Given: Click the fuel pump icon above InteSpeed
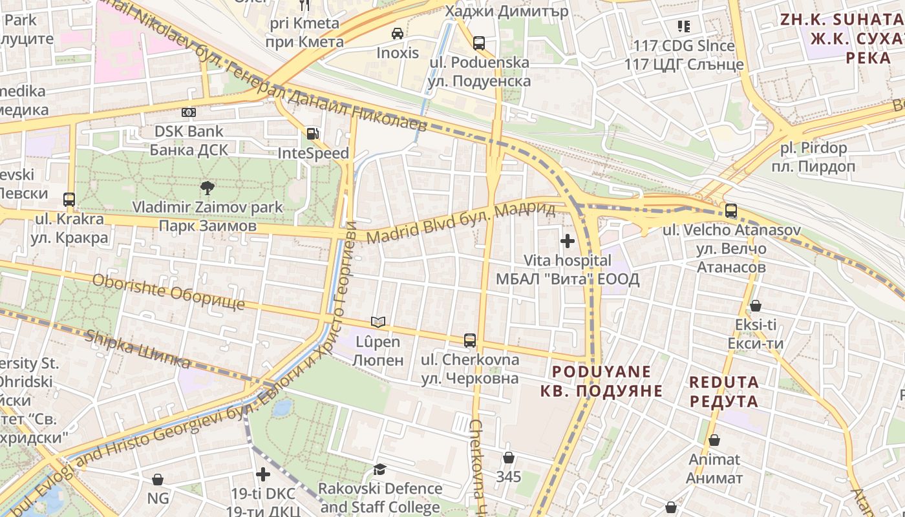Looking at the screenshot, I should pyautogui.click(x=312, y=134).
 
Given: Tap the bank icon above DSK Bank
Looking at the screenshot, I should pyautogui.click(x=188, y=112).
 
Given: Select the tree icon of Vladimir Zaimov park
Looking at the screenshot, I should pyautogui.click(x=207, y=188).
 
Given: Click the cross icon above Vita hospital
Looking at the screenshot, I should pyautogui.click(x=568, y=241).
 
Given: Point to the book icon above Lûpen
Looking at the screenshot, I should pyautogui.click(x=378, y=322).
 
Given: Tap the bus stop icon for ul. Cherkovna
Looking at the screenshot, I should pyautogui.click(x=470, y=340).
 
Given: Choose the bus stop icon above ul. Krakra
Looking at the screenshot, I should pyautogui.click(x=69, y=200).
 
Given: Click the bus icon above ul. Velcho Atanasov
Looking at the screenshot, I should pyautogui.click(x=731, y=211).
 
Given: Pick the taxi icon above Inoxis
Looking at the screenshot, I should pyautogui.click(x=398, y=33).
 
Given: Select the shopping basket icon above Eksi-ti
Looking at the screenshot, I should pyautogui.click(x=755, y=306).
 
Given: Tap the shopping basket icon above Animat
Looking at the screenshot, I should pyautogui.click(x=714, y=440).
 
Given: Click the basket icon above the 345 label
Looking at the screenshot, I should pyautogui.click(x=509, y=458).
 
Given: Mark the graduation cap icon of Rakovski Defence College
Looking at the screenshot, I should pyautogui.click(x=379, y=469).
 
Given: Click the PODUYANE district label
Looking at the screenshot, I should pyautogui.click(x=602, y=372).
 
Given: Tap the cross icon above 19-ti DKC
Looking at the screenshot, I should pyautogui.click(x=263, y=474).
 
